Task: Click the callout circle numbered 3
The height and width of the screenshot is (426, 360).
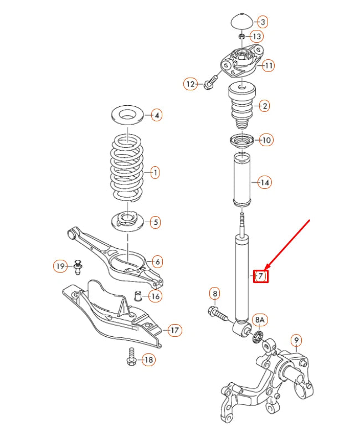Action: [263, 22]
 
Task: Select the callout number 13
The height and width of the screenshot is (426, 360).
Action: [256, 37]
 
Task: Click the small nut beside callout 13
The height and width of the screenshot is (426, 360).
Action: [242, 37]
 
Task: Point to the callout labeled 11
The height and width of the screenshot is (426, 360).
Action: [268, 66]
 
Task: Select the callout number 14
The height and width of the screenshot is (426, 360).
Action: [265, 182]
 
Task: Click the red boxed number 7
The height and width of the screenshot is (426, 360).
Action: [261, 275]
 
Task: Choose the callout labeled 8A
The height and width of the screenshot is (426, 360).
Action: [259, 320]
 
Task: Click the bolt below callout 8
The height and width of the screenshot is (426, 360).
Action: [218, 314]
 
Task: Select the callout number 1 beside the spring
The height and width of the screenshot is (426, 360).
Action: [155, 173]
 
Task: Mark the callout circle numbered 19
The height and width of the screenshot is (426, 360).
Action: [60, 266]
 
